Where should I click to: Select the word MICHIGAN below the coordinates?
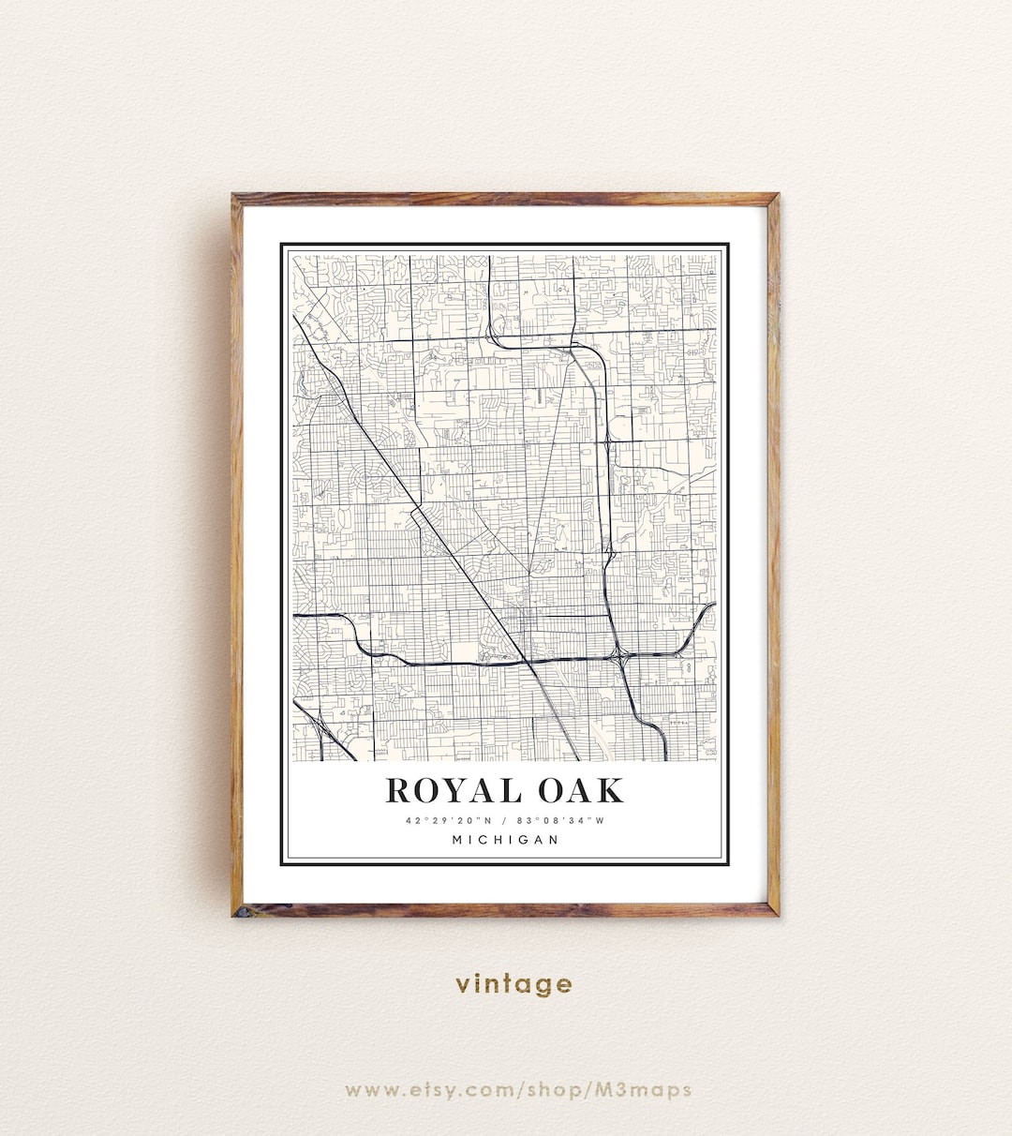(506, 840)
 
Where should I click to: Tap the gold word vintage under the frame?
(513, 984)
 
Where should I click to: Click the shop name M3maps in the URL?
(655, 1089)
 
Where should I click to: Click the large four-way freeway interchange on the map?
(619, 655)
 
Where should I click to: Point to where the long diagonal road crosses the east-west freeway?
(530, 662)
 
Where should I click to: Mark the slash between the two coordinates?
(504, 821)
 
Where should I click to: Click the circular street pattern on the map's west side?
(365, 478)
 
